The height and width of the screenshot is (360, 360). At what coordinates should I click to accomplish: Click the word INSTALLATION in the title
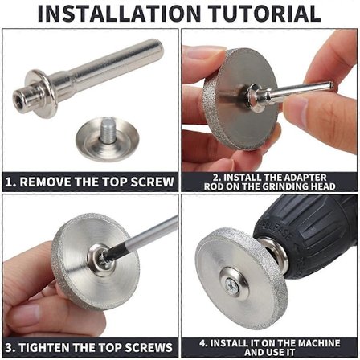coord(119,13)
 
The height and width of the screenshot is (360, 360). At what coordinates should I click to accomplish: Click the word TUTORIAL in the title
coord(264,13)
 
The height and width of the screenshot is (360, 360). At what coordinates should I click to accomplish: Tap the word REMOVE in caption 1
coord(46,182)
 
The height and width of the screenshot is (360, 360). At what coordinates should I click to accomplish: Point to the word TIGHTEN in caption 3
coord(44,348)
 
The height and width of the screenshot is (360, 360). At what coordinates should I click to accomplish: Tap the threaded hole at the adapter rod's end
coord(18,96)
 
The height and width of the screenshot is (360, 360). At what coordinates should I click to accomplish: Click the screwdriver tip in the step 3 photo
coord(106,256)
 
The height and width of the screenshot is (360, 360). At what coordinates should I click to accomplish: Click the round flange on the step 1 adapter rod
coord(41,94)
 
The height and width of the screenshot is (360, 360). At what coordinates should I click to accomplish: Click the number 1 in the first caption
coord(10,182)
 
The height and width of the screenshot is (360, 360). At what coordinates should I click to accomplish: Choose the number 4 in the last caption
coord(202,343)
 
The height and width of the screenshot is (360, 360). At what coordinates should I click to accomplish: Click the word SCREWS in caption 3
coord(149,348)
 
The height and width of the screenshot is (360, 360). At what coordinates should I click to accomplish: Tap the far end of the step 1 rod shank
coord(158,50)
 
